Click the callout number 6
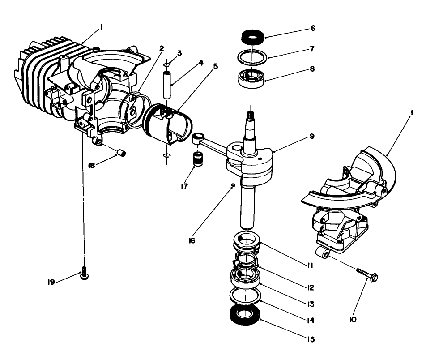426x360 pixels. click(313, 28)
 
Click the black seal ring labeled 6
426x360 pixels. click(251, 37)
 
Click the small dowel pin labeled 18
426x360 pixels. click(121, 153)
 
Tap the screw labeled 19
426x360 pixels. click(84, 274)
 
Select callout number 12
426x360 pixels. click(311, 287)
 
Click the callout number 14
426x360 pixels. click(311, 321)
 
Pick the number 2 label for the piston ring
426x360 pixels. click(161, 47)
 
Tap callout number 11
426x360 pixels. click(310, 266)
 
